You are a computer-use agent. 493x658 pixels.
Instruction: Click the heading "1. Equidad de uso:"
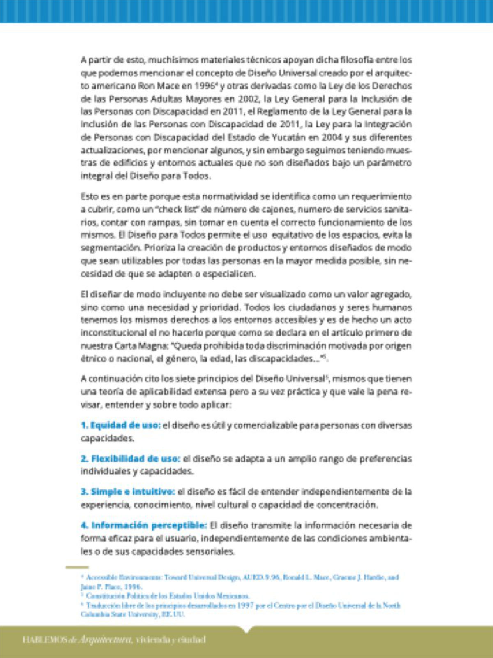pos(120,425)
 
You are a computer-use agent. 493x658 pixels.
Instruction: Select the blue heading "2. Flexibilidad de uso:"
pos(130,459)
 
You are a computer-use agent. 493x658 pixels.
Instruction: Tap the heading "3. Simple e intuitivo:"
pos(128,492)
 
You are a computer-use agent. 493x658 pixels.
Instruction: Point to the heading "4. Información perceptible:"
pos(143,525)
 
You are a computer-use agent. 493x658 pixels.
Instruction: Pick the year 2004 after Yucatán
pos(332,137)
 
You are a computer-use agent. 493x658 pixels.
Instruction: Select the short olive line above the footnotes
pos(77,568)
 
